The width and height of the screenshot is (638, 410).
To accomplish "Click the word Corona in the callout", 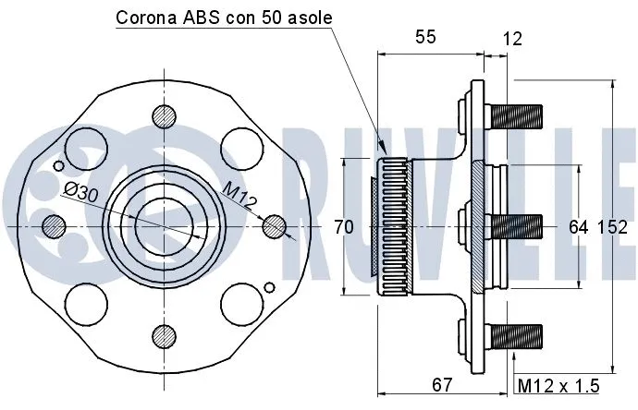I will pyautogui.click(x=145, y=18).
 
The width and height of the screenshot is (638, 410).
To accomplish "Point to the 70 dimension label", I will pyautogui.click(x=344, y=226).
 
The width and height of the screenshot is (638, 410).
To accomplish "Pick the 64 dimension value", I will pyautogui.click(x=579, y=226).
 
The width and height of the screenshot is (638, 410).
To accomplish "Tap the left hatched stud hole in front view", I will pyautogui.click(x=54, y=225).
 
